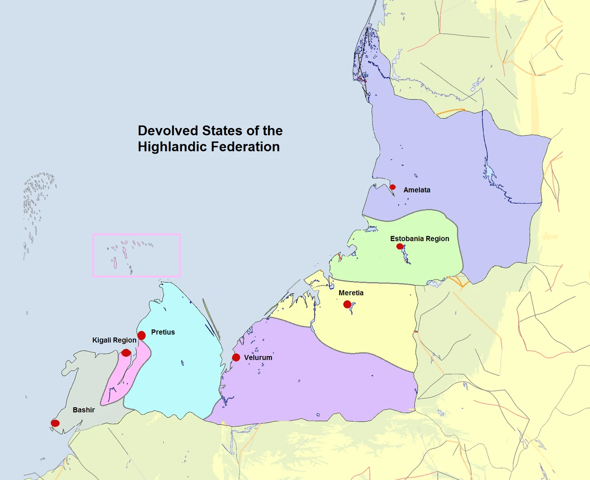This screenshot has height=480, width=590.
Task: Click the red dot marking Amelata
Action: coord(392,187)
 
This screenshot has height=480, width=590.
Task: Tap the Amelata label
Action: coord(417,190)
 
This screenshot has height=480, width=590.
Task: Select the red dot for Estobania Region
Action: coord(400,246)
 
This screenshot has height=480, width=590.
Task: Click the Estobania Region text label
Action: coord(419,239)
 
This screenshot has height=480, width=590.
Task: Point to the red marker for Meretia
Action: coord(347,304)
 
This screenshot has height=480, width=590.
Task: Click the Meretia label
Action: coord(351,293)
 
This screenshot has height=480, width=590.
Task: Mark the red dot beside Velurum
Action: coord(236,357)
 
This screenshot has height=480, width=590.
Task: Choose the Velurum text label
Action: coord(258,358)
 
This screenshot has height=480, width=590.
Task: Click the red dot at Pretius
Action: coord(142,335)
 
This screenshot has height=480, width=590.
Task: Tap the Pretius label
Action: coord(163,332)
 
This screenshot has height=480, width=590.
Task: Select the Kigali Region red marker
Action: coord(126,352)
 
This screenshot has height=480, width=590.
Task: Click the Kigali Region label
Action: coord(114,340)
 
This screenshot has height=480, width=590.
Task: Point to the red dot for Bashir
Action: coord(55,423)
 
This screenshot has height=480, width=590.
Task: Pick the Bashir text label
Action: coord(84,410)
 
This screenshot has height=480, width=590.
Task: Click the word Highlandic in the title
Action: coord(172,147)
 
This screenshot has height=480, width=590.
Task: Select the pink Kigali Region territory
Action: coord(118,384)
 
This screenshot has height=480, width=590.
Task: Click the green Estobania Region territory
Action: coord(423,261)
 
